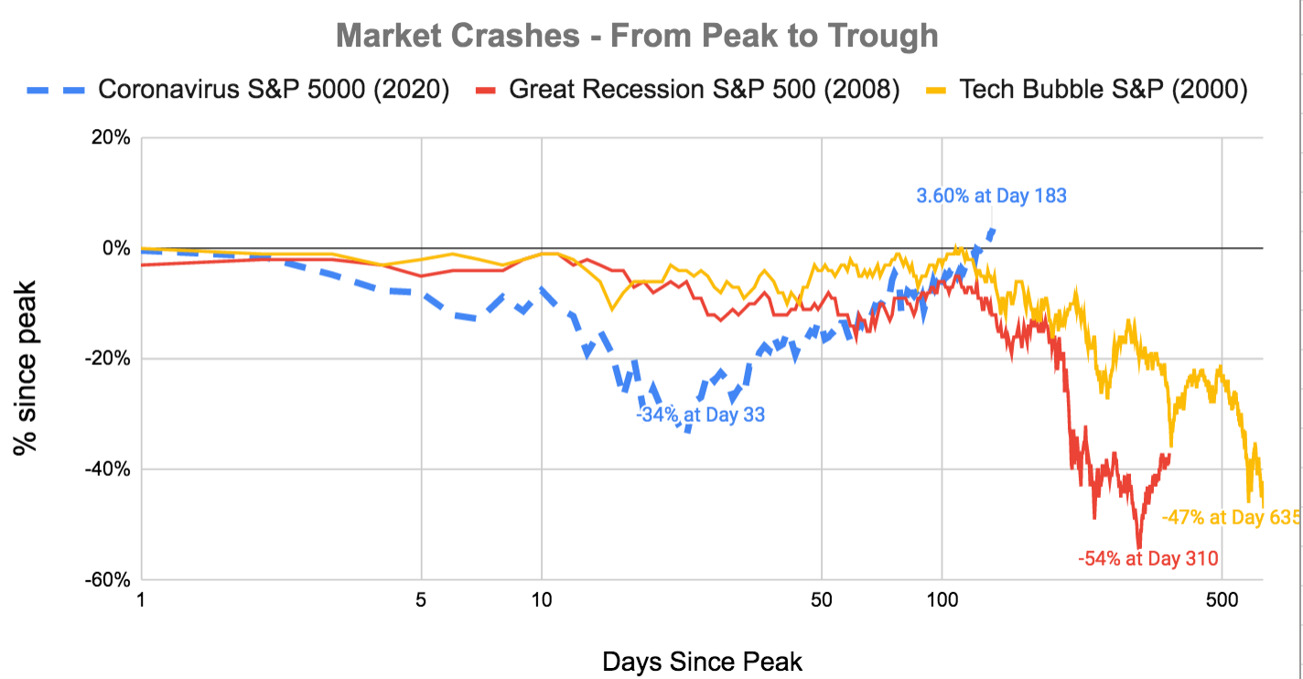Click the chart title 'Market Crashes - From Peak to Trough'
[x=637, y=36]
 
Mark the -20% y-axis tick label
[x=109, y=360]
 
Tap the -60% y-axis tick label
[x=109, y=580]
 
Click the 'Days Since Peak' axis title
[x=702, y=661]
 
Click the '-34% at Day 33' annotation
[x=701, y=415]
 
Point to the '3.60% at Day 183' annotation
[x=991, y=195]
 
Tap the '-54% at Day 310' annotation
[x=1149, y=558]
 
